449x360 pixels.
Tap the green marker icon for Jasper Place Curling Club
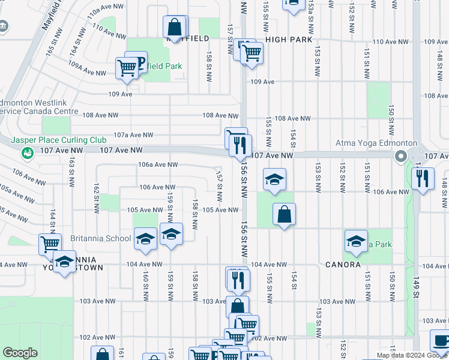(x=28, y=154)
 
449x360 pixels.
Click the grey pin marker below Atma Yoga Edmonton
(x=400, y=157)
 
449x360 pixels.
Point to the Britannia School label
(x=101, y=238)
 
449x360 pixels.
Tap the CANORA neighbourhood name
(x=343, y=264)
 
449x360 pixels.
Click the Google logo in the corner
(x=20, y=353)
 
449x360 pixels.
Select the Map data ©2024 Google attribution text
(x=412, y=355)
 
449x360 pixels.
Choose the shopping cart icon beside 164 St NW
(x=50, y=244)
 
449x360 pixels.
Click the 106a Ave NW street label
(x=158, y=164)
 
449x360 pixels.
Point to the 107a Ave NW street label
(x=133, y=135)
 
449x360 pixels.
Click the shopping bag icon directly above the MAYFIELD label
(x=174, y=26)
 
